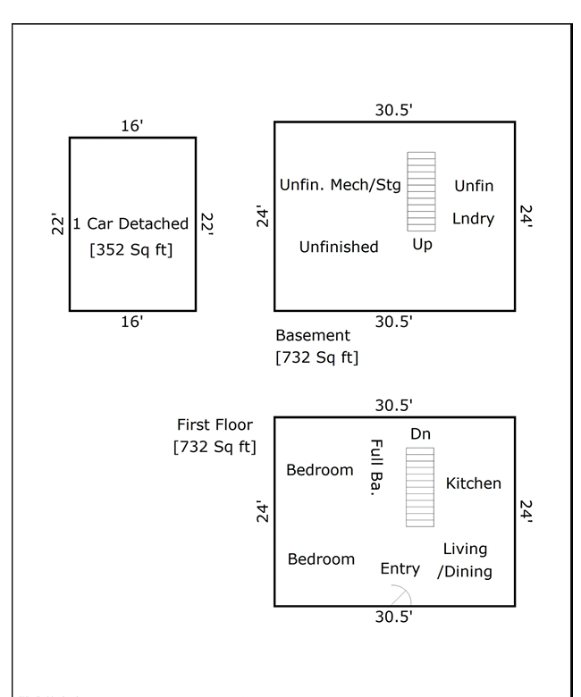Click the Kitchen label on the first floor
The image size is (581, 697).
(x=474, y=483)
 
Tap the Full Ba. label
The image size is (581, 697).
(x=376, y=467)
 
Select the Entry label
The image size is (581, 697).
(x=400, y=568)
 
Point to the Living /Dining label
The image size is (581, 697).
(x=465, y=560)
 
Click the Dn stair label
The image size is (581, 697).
(x=420, y=434)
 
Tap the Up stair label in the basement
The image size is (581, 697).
(x=422, y=245)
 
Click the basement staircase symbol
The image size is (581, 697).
(x=421, y=191)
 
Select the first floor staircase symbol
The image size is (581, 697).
(x=420, y=487)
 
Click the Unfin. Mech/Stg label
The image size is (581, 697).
(x=340, y=185)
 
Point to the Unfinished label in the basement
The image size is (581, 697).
(x=339, y=247)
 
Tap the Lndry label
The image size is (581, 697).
(x=474, y=219)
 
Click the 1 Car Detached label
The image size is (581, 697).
(x=131, y=223)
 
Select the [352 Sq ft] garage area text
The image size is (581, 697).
(x=131, y=250)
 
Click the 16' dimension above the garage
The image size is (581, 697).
(x=132, y=126)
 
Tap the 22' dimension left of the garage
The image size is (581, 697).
(x=57, y=223)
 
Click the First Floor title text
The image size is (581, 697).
(x=215, y=424)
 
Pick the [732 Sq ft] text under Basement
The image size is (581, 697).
(x=317, y=357)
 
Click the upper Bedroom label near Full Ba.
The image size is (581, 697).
(x=320, y=470)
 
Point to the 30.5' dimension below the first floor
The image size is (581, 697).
(x=394, y=617)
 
